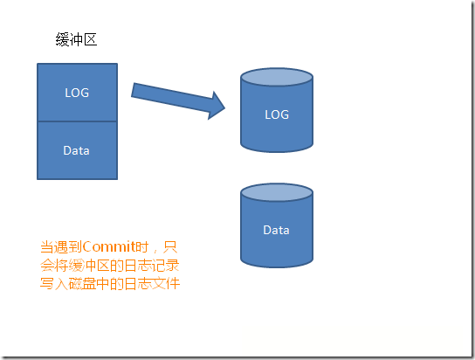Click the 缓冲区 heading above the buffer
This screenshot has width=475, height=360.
point(76,39)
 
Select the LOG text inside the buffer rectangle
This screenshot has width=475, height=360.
point(77,93)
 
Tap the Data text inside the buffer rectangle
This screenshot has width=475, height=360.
point(76,150)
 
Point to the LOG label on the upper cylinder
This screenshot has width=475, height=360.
point(277,114)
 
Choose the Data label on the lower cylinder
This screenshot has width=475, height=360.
point(276,230)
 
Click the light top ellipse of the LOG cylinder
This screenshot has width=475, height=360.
point(277,77)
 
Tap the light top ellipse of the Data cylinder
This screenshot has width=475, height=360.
point(277,192)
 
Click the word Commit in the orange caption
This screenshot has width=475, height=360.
point(108,247)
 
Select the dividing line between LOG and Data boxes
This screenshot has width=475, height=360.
point(77,121)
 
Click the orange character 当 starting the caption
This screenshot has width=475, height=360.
point(47,247)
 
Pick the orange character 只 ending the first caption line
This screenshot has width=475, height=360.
point(170,247)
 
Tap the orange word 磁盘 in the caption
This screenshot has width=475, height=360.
point(82,284)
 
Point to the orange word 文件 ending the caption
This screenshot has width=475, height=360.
point(166,284)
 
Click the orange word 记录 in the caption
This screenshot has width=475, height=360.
point(166,266)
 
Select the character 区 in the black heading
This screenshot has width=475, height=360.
point(91,39)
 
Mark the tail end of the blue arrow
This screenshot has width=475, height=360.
point(133,90)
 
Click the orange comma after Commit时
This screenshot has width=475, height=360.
point(156,251)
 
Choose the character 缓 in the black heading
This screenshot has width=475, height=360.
point(62,39)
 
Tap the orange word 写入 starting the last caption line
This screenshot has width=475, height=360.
point(54,284)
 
